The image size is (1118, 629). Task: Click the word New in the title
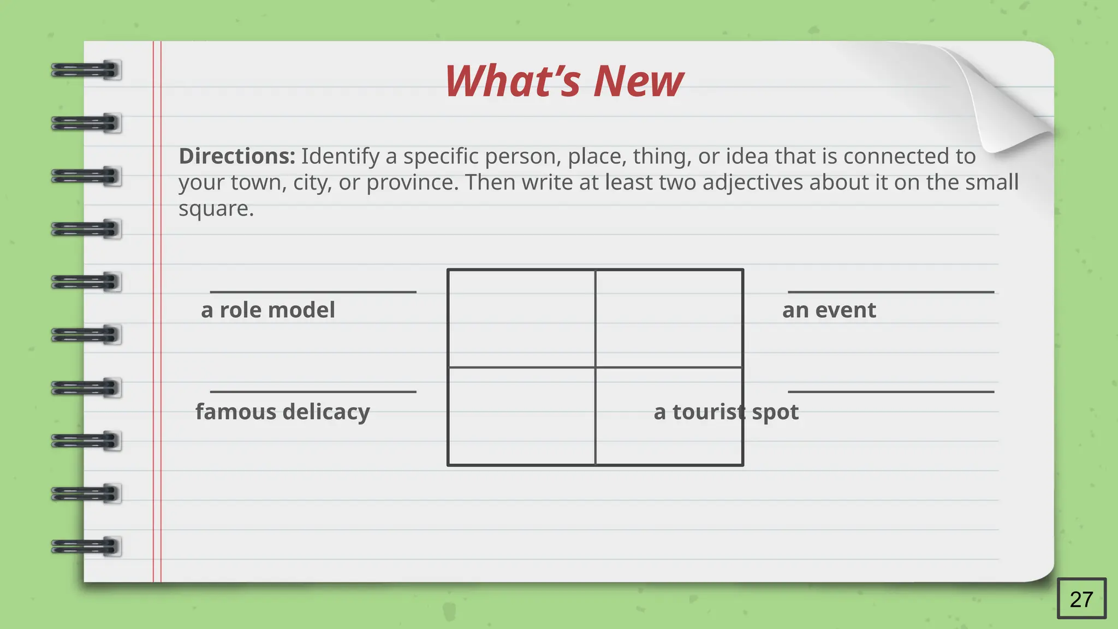(x=638, y=81)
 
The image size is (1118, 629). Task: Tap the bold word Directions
(x=237, y=156)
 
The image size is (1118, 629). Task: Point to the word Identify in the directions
(x=340, y=156)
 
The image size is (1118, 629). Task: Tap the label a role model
(x=267, y=310)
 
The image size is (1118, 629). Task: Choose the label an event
(x=829, y=310)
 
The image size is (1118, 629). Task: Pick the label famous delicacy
(x=282, y=412)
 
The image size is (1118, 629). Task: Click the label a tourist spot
(x=725, y=412)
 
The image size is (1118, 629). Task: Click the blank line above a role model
(x=313, y=292)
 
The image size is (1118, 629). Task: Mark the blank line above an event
(x=890, y=292)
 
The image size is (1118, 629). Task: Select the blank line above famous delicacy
(x=313, y=391)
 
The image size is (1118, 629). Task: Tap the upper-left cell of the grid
(x=521, y=318)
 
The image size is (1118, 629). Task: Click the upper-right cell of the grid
(x=669, y=318)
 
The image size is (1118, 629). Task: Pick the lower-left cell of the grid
(x=521, y=416)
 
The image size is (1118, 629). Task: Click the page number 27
(x=1081, y=599)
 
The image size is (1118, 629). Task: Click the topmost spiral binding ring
(x=86, y=70)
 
